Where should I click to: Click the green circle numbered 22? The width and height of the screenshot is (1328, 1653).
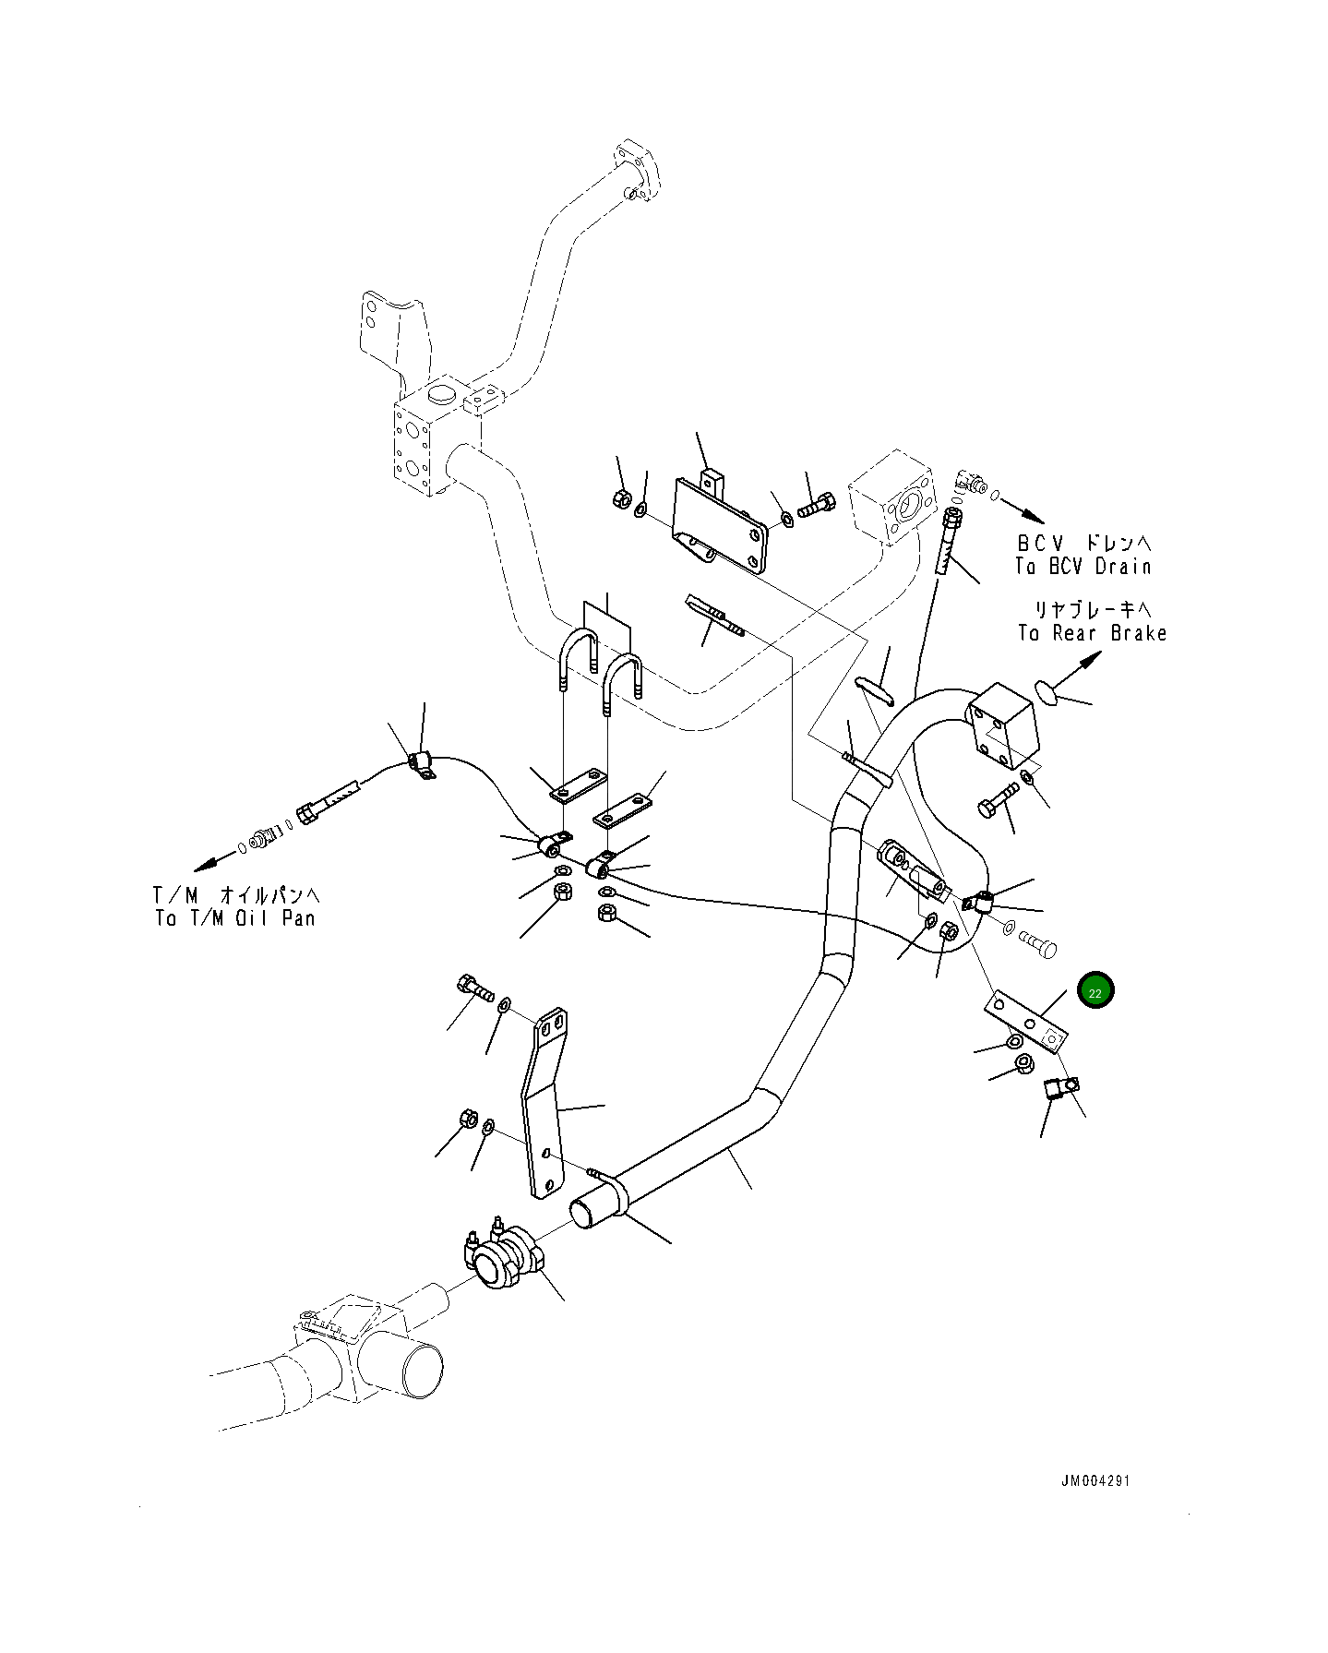click(1095, 991)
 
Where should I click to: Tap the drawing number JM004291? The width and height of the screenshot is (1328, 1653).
click(1095, 1481)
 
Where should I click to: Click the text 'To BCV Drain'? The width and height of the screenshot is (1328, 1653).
click(1083, 567)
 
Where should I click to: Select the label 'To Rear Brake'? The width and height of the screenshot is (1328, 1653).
click(1093, 633)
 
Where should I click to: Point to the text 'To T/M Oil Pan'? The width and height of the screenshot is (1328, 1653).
click(235, 918)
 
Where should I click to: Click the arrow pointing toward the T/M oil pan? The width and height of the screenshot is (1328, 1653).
click(214, 862)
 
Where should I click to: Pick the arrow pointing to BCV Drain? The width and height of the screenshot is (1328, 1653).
click(1023, 509)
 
